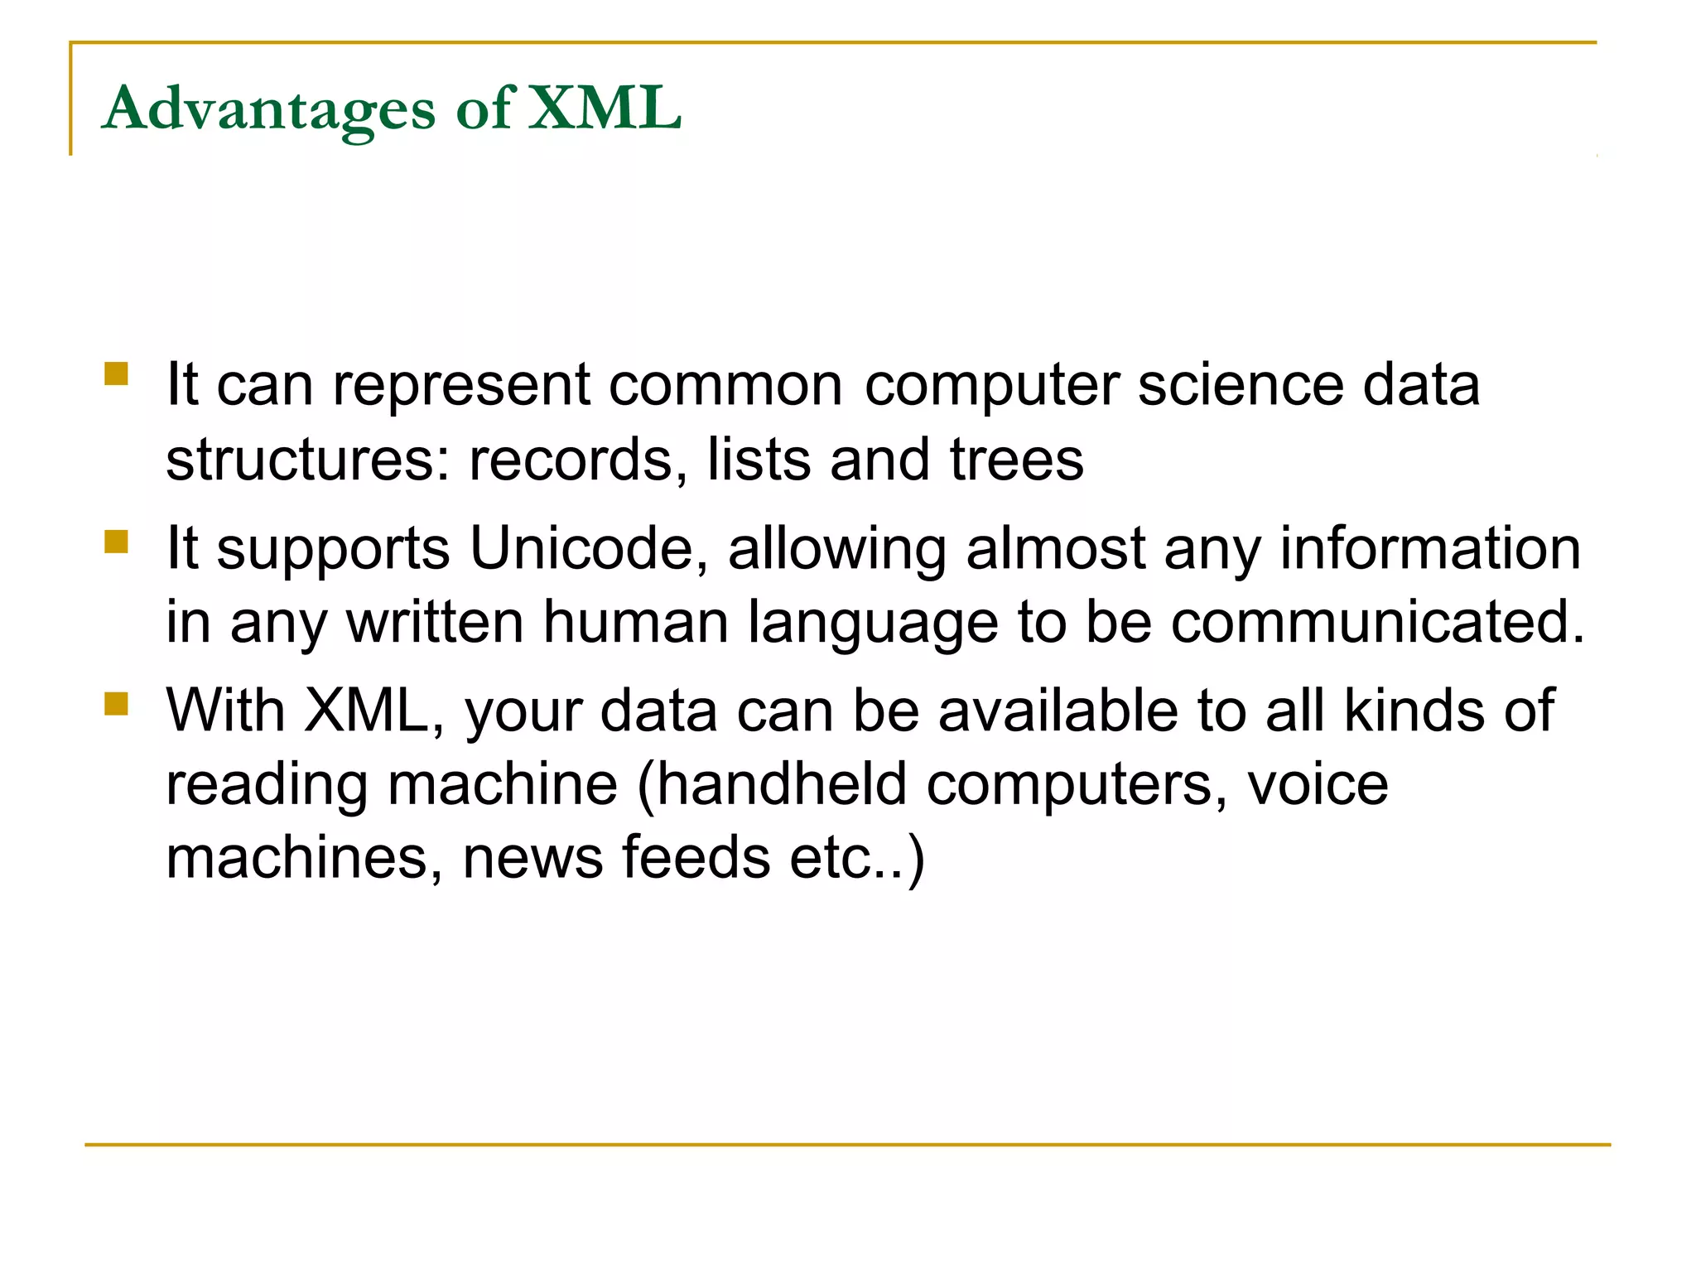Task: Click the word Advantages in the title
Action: [268, 108]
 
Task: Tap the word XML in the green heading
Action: [605, 108]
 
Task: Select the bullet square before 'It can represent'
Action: [117, 374]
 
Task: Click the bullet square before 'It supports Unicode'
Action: [117, 542]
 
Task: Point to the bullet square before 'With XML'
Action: [117, 704]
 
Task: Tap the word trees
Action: [1016, 460]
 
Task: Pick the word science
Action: [1240, 385]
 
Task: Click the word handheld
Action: [782, 784]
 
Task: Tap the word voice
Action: [1318, 784]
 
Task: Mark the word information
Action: [1430, 548]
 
